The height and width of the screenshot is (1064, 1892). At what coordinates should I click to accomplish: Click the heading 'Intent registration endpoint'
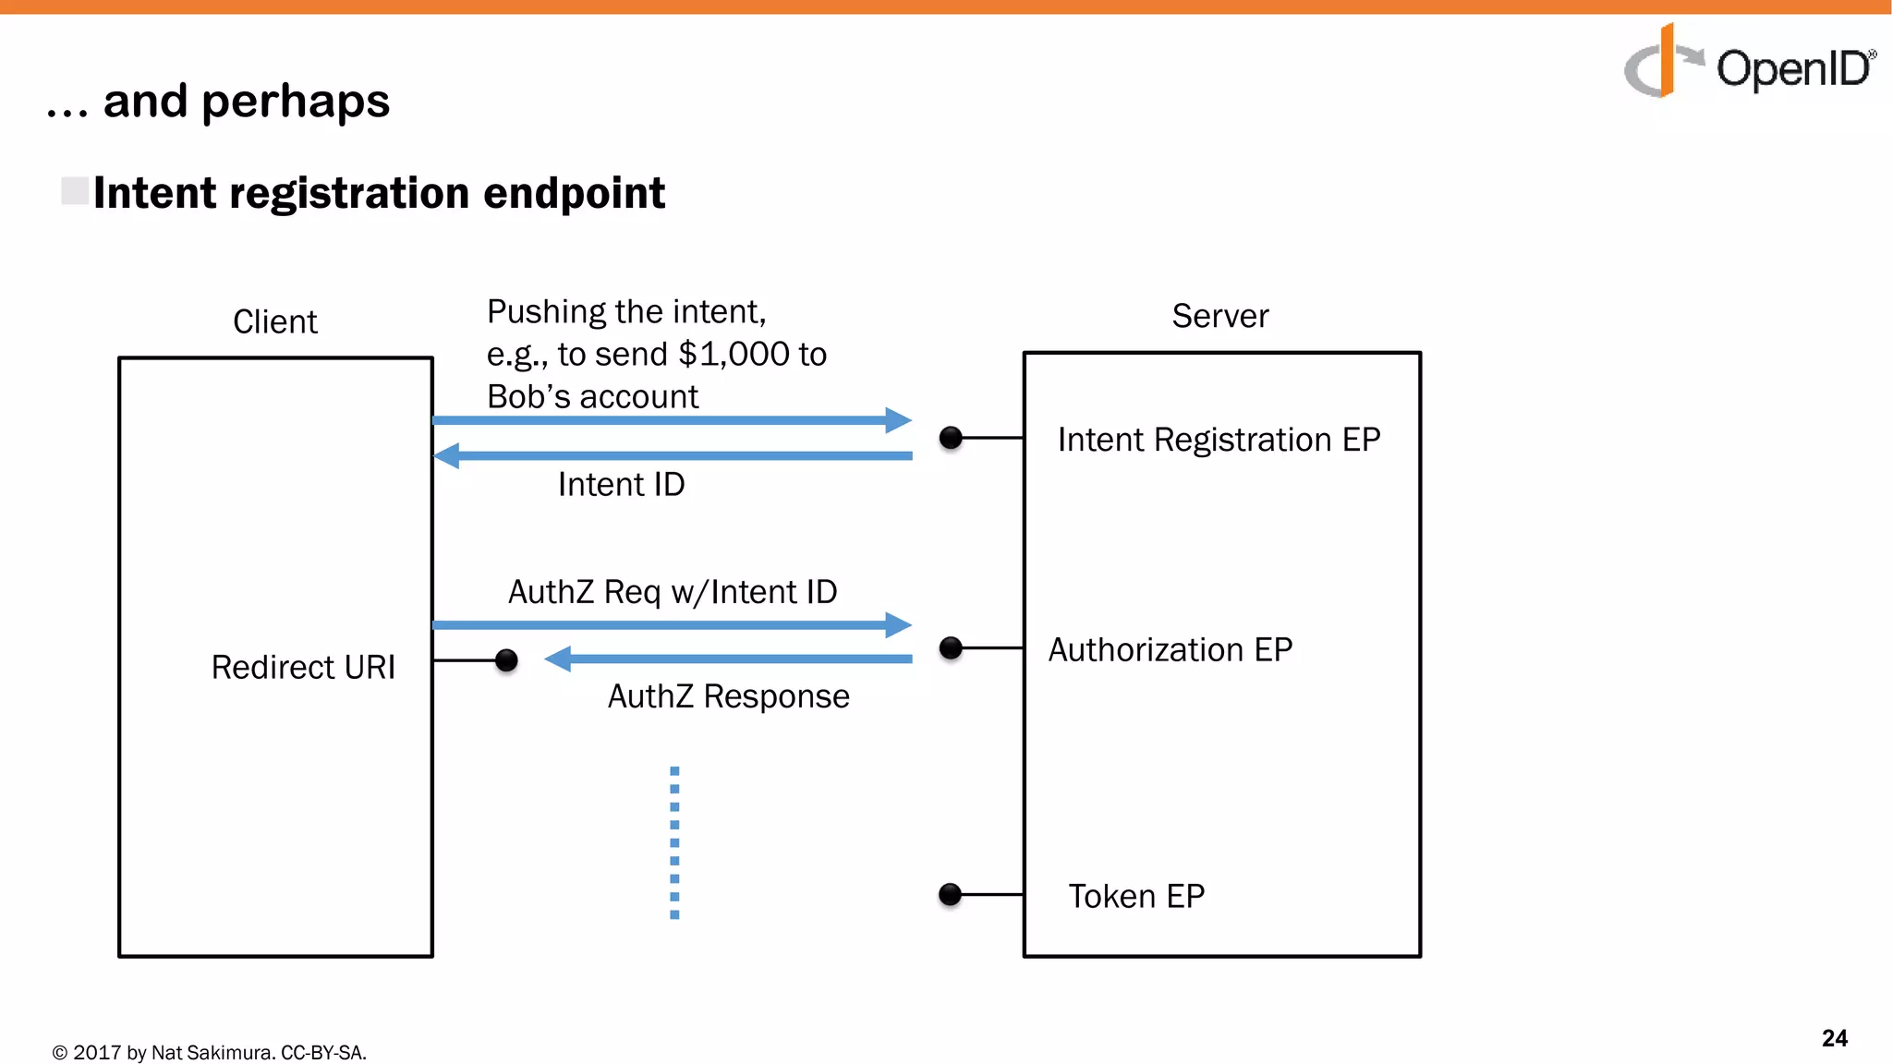379,193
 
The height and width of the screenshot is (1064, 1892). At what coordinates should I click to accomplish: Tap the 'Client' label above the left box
274,321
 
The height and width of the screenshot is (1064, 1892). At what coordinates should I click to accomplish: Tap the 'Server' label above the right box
1219,316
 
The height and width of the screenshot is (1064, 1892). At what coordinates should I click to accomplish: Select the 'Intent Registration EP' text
1218,440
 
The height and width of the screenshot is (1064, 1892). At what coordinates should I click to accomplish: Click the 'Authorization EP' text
1170,649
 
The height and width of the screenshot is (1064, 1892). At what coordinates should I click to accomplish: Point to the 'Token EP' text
1136,896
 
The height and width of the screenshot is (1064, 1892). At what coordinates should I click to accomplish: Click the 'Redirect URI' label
303,667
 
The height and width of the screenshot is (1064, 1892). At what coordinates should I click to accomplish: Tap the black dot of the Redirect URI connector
506,660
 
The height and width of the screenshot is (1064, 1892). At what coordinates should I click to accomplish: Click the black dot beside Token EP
950,894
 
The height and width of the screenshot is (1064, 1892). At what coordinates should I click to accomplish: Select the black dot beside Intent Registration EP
951,438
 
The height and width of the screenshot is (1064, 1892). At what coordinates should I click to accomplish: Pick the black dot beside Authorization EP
951,648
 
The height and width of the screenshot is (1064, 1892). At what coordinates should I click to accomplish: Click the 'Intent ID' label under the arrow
621,485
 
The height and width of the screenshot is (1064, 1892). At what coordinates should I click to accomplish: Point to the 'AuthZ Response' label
728,696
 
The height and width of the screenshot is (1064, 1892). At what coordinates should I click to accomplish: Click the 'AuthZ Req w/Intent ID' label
673,592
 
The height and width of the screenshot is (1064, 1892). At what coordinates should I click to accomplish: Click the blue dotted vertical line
674,841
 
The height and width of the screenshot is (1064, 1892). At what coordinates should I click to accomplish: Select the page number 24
1834,1038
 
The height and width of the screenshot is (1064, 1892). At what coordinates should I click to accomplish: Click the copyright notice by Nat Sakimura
210,1052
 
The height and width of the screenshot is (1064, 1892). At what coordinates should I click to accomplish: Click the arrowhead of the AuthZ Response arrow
557,659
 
